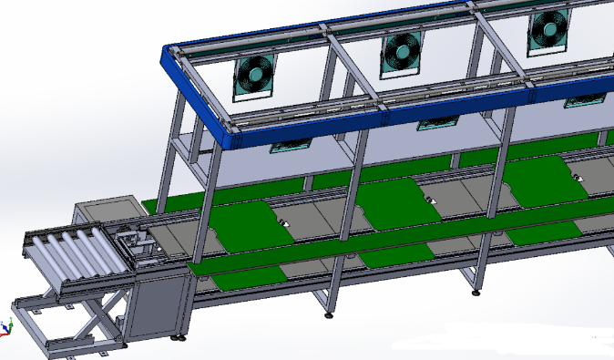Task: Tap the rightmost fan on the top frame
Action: pyautogui.click(x=548, y=33)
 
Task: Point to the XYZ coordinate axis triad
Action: pyautogui.click(x=7, y=325)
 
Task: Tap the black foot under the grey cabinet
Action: pyautogui.click(x=179, y=339)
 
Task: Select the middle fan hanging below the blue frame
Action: pyautogui.click(x=435, y=123)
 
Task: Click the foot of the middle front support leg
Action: pyautogui.click(x=329, y=315)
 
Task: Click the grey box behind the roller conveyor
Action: pyautogui.click(x=105, y=211)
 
